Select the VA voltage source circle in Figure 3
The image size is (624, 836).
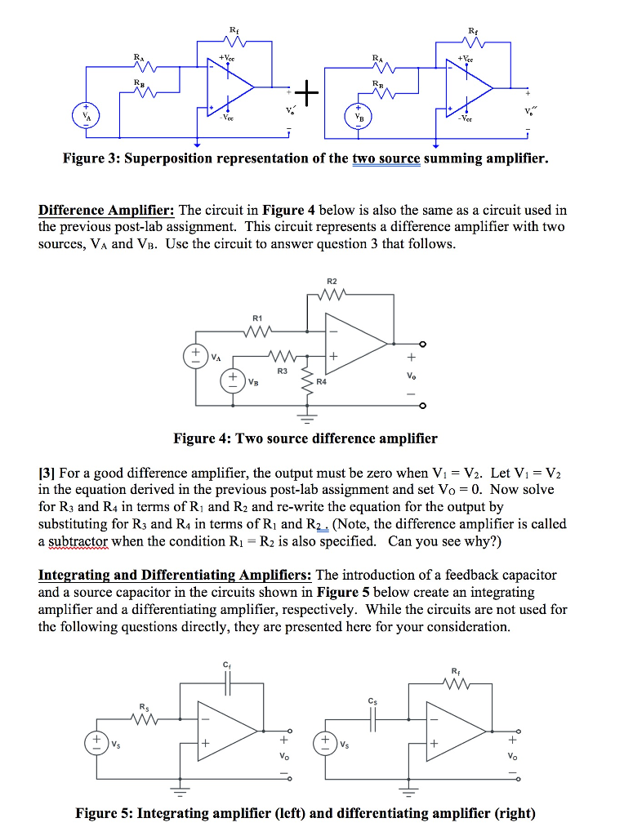click(x=83, y=113)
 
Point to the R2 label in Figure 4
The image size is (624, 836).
click(x=331, y=281)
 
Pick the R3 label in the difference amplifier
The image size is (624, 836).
click(x=282, y=370)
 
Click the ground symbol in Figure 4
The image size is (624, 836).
click(x=308, y=422)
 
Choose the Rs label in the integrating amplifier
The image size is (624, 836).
click(x=144, y=707)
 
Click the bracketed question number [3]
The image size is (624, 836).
click(x=47, y=474)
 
